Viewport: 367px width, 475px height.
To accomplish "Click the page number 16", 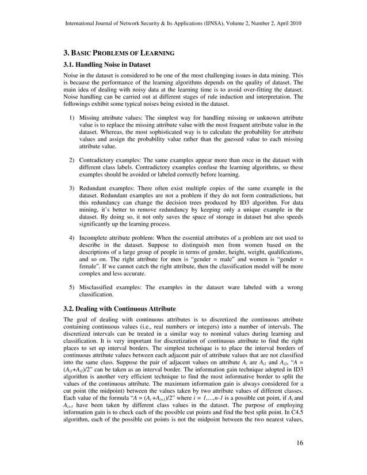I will point(300,442).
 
